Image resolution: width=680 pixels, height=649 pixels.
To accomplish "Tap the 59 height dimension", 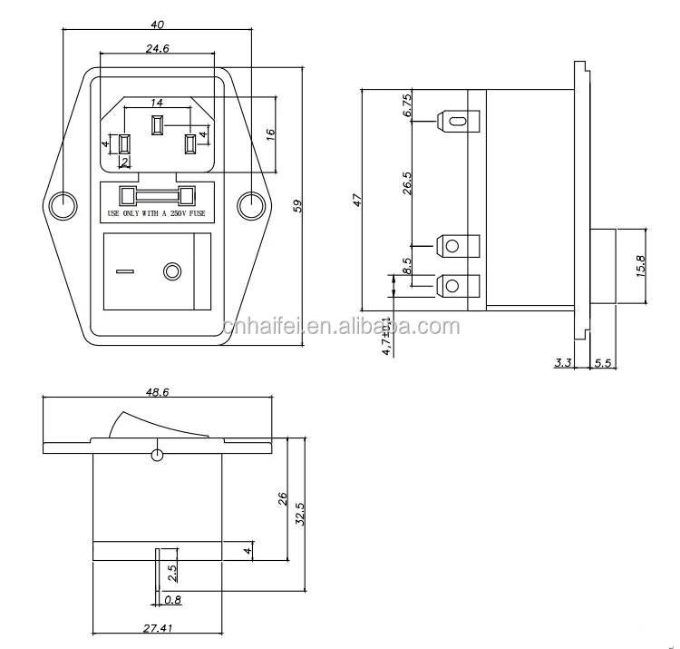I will [x=297, y=206].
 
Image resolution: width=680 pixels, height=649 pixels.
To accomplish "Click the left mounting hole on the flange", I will [x=62, y=206].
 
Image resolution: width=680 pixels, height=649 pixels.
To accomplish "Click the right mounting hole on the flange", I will [x=250, y=206].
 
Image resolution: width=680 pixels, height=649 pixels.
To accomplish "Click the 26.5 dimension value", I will [x=407, y=182].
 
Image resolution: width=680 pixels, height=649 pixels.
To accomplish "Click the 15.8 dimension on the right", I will [x=640, y=265].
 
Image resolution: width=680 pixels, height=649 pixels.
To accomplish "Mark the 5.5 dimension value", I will [x=603, y=363].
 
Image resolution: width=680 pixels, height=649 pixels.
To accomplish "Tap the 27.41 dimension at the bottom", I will [x=157, y=625].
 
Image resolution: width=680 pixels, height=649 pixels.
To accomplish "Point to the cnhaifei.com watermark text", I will [x=339, y=327].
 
